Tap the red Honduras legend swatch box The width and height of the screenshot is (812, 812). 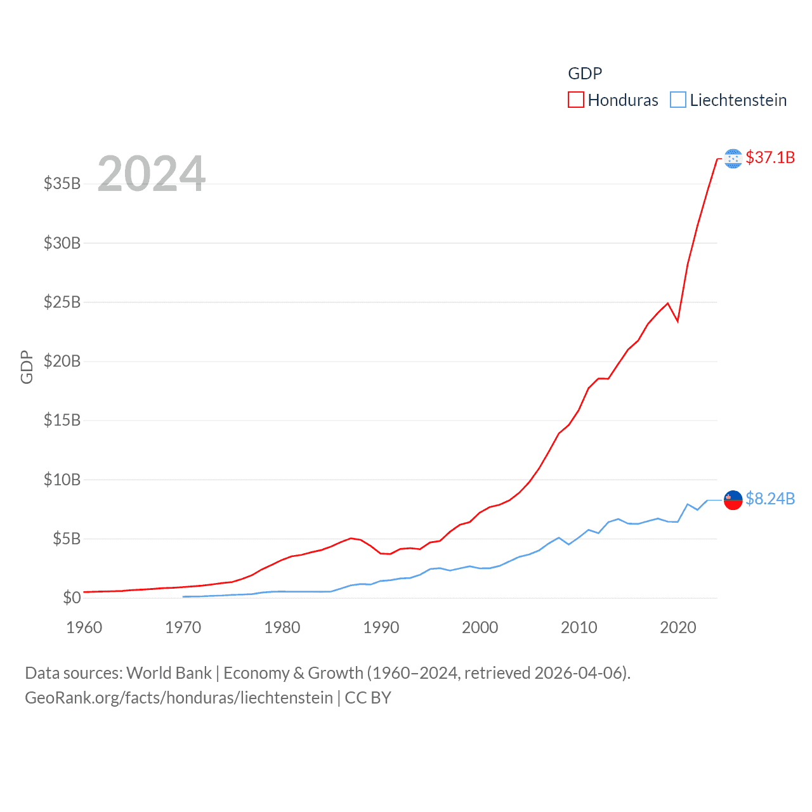(x=575, y=100)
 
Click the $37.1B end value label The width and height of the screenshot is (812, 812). (x=770, y=157)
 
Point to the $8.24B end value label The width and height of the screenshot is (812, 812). (x=770, y=499)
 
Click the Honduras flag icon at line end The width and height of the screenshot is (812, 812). (x=733, y=159)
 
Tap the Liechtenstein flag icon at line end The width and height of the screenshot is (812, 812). (x=733, y=500)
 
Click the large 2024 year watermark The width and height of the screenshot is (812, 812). (x=152, y=173)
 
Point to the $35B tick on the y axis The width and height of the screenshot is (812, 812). (x=62, y=184)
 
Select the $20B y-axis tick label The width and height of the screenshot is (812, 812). (x=62, y=362)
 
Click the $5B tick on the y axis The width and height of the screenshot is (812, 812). (x=67, y=539)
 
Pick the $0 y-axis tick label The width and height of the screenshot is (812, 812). (x=72, y=598)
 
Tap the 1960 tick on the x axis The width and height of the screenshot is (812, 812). (x=84, y=627)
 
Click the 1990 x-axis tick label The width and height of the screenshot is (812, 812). (x=381, y=627)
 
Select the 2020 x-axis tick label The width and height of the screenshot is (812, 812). (x=678, y=627)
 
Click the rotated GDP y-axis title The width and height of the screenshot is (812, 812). (x=27, y=367)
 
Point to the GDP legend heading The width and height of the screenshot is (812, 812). (x=585, y=74)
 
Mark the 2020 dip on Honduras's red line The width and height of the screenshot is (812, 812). (x=678, y=321)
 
